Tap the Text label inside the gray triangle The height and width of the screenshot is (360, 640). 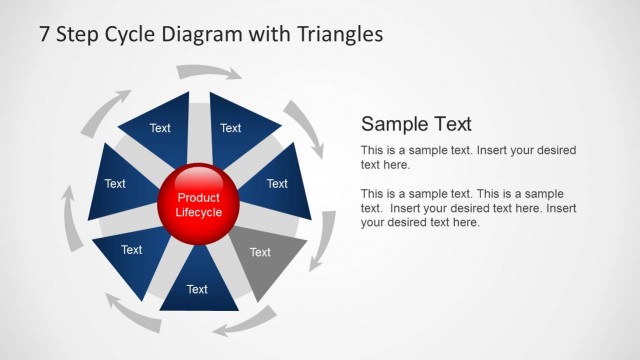pos(260,252)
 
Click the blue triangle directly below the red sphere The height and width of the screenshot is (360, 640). pos(198,285)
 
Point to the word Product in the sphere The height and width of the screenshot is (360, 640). pos(198,198)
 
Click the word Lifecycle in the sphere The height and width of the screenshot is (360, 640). pos(198,212)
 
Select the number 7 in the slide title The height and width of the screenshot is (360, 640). pos(45,34)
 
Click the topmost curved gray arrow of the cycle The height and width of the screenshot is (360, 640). pos(208,71)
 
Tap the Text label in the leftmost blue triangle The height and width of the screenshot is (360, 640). pos(115,184)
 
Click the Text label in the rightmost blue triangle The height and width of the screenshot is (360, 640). pos(277,184)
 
